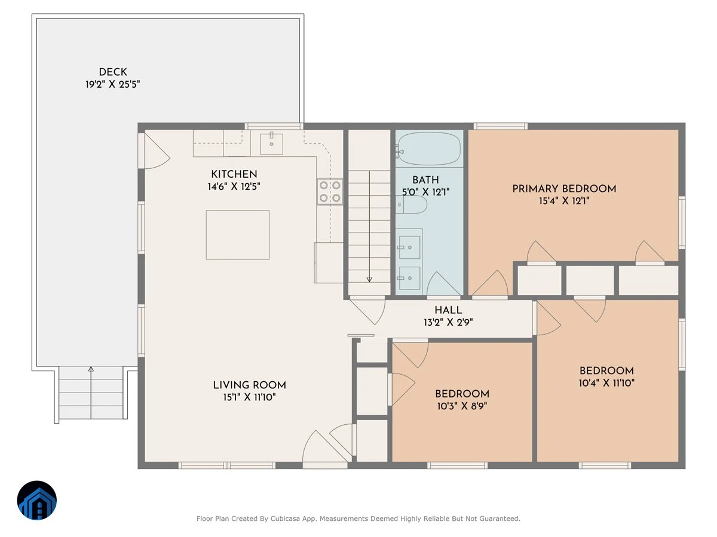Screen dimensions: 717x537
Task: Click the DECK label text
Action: click(x=113, y=72)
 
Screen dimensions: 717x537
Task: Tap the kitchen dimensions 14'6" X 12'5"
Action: click(x=234, y=187)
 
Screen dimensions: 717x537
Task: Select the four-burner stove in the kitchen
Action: click(x=330, y=192)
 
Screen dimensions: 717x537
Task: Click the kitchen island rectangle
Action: click(x=237, y=234)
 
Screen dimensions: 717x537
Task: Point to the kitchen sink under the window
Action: click(x=271, y=144)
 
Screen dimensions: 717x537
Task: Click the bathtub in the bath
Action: click(x=429, y=149)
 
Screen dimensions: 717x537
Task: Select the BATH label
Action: click(x=425, y=180)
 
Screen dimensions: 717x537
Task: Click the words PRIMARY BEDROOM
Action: click(x=564, y=189)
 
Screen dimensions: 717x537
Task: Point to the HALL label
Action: click(x=448, y=310)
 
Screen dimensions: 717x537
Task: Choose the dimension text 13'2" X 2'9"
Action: click(x=448, y=322)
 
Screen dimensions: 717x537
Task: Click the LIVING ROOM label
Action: click(x=249, y=385)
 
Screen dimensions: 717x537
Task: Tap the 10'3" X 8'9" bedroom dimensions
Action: click(x=462, y=406)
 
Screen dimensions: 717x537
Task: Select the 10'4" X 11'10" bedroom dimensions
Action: click(x=606, y=383)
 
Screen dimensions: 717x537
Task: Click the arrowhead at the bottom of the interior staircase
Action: click(x=369, y=279)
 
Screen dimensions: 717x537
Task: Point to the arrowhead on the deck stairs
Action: click(x=91, y=369)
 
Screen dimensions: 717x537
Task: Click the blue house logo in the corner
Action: click(x=37, y=500)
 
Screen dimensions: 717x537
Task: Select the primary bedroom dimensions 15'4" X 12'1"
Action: click(x=564, y=201)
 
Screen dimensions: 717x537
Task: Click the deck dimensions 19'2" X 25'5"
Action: click(x=113, y=85)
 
